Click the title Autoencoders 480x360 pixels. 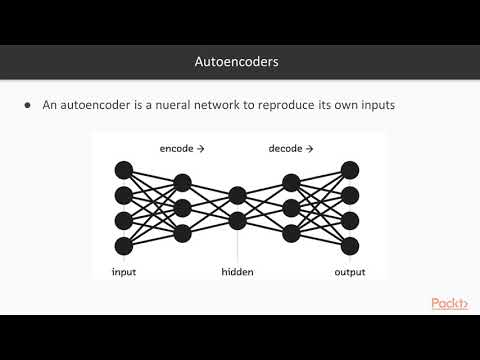coord(236,62)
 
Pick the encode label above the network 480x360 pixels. coord(181,149)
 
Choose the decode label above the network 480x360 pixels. coord(291,149)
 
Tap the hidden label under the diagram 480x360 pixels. coord(238,272)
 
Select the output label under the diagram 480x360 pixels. coord(349,272)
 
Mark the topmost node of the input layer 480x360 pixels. coord(124,169)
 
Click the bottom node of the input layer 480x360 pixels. coord(124,246)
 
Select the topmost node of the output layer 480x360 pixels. coord(349,169)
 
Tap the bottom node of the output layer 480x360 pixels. coord(349,246)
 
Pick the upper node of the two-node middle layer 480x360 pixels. coord(237,194)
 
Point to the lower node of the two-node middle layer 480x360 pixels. coord(237,220)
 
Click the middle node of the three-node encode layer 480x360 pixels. coord(182,207)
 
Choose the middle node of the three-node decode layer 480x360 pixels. coord(292,207)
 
